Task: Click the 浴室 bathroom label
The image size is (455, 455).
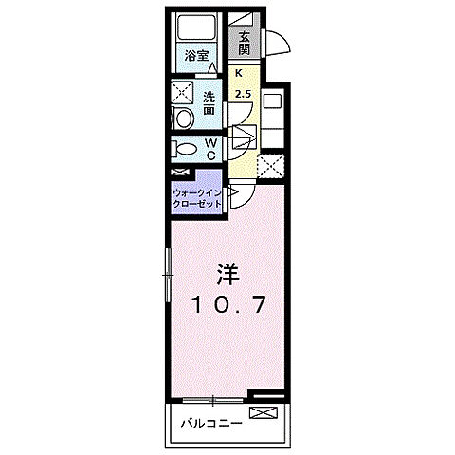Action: point(196,56)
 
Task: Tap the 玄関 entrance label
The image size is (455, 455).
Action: point(245,43)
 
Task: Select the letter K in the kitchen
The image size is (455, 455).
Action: point(240,72)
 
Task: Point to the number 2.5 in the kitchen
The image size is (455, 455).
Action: point(243,94)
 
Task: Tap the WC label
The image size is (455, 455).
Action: point(210,149)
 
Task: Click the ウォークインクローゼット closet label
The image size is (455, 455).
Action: point(196,198)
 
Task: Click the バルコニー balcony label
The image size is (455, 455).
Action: point(212,423)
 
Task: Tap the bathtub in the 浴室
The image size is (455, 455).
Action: point(196,28)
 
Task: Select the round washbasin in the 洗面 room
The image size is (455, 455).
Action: point(183,118)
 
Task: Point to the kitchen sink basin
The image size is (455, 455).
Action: point(273,101)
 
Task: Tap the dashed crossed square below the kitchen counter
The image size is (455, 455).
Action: point(271,166)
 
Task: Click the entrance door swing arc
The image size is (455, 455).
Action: point(277,44)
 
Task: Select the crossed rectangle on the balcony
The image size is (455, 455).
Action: point(263,414)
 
